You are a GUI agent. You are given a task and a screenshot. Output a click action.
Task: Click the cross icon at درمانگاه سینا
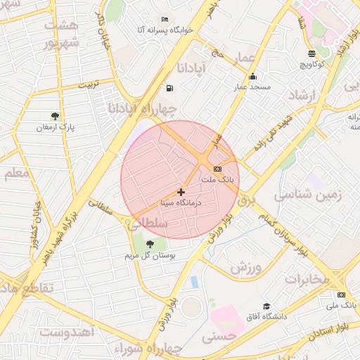(181, 191)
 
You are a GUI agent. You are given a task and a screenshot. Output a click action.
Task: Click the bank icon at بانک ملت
(217, 169)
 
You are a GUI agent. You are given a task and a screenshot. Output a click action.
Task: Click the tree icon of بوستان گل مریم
(149, 243)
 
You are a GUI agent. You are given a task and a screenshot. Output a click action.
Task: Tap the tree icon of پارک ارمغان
(56, 116)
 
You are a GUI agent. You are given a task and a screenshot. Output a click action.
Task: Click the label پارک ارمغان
(56, 127)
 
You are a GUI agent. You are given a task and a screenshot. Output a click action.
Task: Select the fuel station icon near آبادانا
(169, 88)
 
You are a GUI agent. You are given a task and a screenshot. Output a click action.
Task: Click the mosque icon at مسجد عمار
(252, 77)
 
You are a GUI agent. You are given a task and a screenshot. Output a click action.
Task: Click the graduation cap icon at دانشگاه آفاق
(266, 306)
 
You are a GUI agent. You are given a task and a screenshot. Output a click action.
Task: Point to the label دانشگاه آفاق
(266, 317)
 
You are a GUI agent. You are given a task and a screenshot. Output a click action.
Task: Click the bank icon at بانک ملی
(342, 295)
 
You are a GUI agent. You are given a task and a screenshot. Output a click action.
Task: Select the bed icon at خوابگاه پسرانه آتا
(165, 19)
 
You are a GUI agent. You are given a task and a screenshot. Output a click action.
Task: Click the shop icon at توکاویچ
(312, 54)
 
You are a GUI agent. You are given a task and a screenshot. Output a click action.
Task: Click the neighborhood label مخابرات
(307, 279)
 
